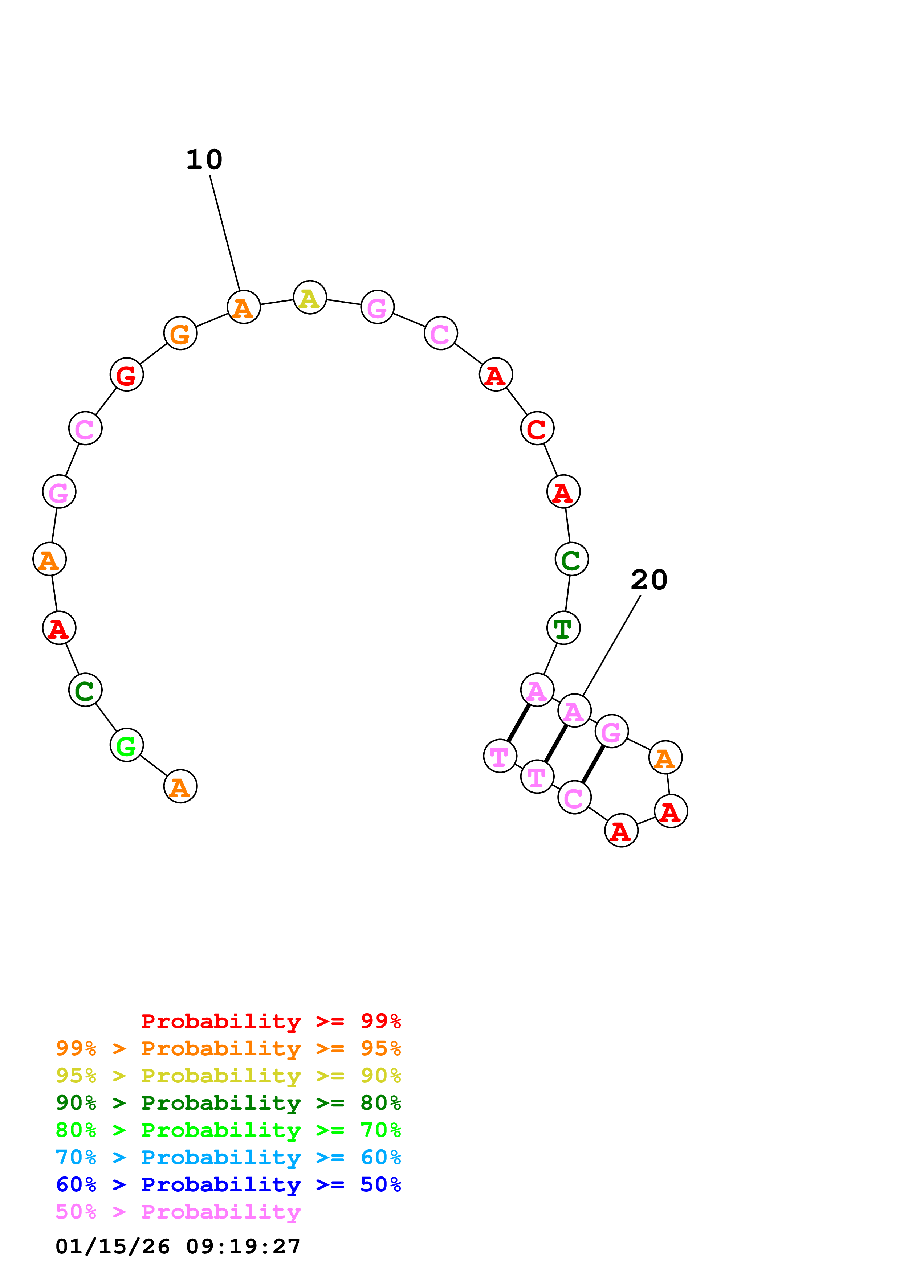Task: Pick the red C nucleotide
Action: click(537, 429)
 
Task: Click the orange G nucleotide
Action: click(180, 333)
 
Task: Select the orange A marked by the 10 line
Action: click(244, 307)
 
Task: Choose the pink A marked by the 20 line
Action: click(574, 711)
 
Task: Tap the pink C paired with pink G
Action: click(574, 798)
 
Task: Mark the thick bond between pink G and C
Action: click(593, 765)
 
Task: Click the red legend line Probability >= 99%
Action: click(270, 1021)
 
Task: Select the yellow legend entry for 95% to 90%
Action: click(228, 1076)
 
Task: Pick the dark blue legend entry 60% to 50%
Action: click(228, 1184)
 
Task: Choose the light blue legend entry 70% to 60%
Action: click(228, 1157)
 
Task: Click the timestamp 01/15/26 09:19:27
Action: click(178, 1247)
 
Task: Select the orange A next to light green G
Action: click(180, 786)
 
